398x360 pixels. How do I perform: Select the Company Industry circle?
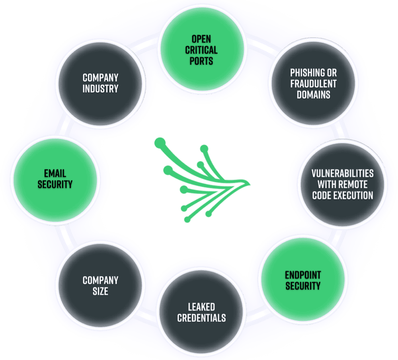click(100, 83)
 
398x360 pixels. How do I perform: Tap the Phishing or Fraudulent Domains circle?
click(313, 84)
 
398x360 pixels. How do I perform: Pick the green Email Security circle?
click(55, 179)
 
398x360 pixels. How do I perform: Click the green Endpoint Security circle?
click(302, 280)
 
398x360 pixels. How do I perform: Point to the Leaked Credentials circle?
click(201, 312)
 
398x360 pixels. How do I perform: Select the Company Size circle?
click(100, 285)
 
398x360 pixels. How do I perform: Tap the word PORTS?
click(201, 61)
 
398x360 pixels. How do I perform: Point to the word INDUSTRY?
click(100, 88)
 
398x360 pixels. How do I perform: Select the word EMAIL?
click(55, 173)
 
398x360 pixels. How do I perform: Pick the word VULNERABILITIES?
click(342, 173)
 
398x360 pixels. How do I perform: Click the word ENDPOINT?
click(302, 274)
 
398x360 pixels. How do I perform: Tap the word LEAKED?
click(201, 307)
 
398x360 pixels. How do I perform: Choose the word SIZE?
click(100, 291)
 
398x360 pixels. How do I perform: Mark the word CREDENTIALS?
click(201, 318)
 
